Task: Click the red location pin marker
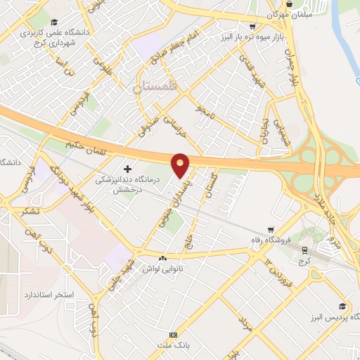pos(181,165)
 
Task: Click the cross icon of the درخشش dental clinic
pos(127,169)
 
